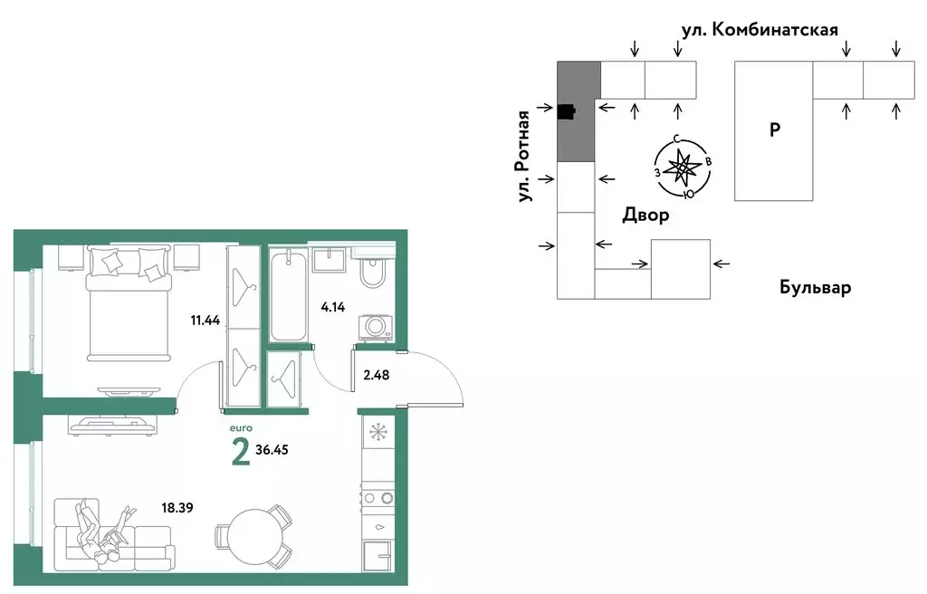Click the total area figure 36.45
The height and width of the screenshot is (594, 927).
(x=281, y=448)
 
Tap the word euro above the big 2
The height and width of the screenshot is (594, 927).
(x=240, y=427)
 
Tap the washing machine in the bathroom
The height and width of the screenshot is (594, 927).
(x=375, y=327)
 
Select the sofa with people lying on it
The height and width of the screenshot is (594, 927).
(x=104, y=541)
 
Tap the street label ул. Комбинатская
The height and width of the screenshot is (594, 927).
(x=760, y=29)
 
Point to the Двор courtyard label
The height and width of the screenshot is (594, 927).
(x=645, y=215)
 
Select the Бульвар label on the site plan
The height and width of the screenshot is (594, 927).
(x=815, y=288)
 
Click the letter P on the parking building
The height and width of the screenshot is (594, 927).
(x=774, y=129)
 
